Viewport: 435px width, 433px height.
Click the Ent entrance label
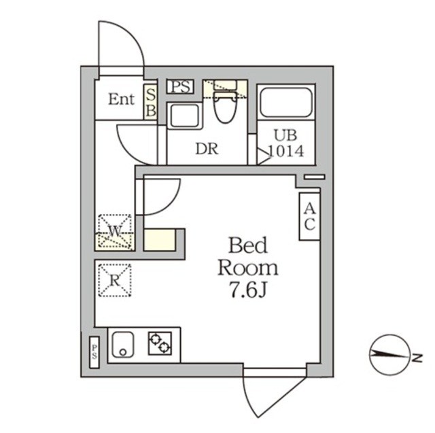(122, 99)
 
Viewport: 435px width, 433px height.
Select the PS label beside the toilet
(180, 86)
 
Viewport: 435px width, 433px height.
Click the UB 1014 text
(286, 141)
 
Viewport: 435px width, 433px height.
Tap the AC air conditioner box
(309, 217)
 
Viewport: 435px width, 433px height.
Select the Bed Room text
(247, 256)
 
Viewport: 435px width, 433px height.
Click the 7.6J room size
(247, 289)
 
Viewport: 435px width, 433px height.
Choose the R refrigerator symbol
(115, 278)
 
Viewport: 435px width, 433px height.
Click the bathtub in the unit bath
(286, 103)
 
